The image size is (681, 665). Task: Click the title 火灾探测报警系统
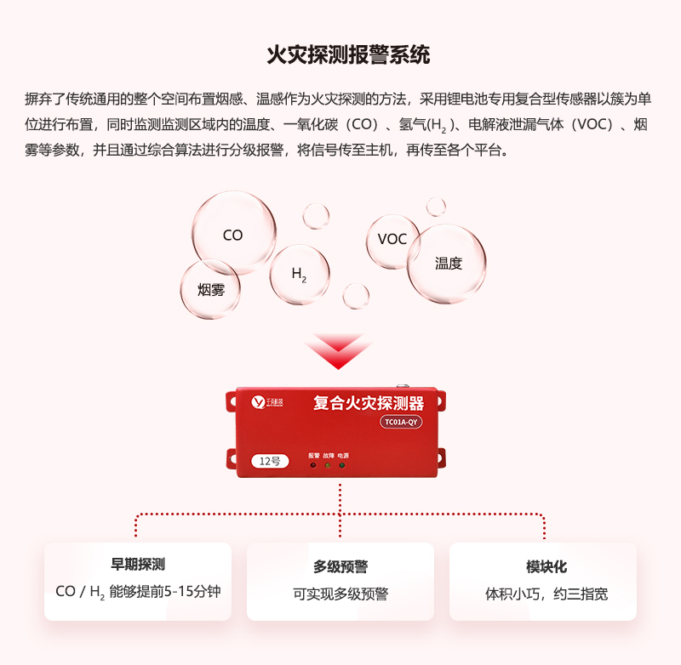[348, 55]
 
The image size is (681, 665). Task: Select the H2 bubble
[300, 274]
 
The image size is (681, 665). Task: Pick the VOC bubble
[392, 239]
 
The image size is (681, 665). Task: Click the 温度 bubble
[447, 264]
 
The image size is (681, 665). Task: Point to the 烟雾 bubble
[210, 289]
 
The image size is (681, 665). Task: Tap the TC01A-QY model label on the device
[401, 422]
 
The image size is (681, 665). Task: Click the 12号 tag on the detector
[269, 460]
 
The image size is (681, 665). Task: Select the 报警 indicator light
[314, 465]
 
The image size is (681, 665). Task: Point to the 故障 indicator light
[329, 465]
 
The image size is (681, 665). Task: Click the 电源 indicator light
[342, 465]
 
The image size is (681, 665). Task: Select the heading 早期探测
[138, 565]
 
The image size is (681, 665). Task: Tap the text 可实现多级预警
[340, 594]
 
